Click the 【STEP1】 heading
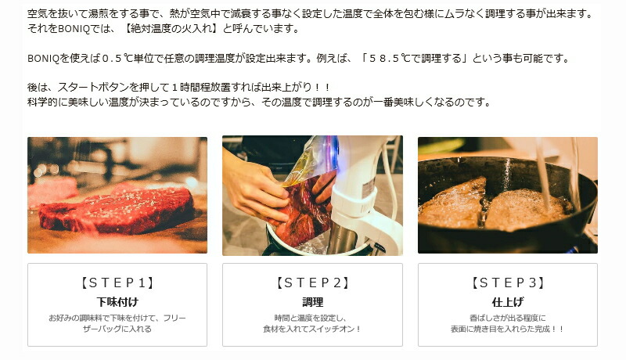coord(117,283)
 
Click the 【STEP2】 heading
coord(312,283)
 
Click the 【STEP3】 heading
coord(508,283)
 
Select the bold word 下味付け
coord(117,301)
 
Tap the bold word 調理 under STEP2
coord(312,301)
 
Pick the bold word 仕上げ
coord(508,301)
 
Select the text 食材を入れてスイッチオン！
coord(312,329)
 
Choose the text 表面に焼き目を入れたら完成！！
coord(508,329)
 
